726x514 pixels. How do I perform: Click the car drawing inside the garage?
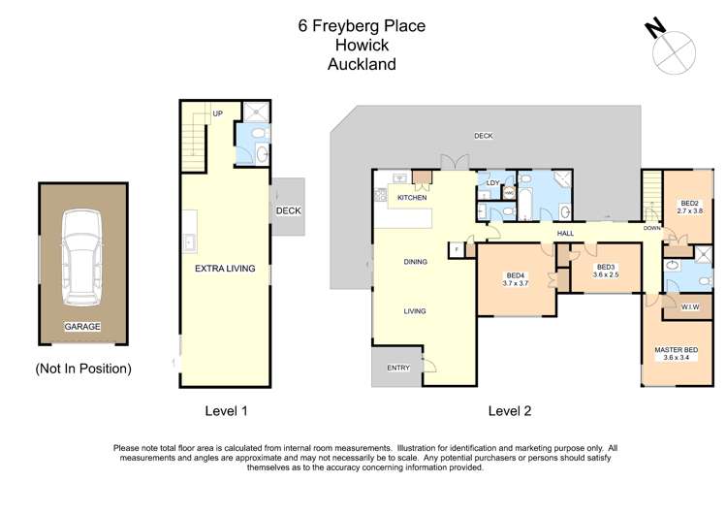(82, 257)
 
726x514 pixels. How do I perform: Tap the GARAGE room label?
(82, 327)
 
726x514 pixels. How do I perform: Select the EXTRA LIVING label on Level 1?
(225, 268)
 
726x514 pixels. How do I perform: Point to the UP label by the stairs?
(218, 113)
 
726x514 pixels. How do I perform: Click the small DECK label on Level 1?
(289, 210)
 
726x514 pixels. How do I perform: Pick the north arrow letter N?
(655, 29)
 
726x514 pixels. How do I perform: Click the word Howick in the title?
(363, 45)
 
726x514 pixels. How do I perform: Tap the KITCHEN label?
(412, 198)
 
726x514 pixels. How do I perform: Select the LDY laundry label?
(493, 183)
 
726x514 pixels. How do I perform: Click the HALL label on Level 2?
(565, 234)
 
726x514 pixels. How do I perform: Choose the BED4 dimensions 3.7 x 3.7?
(516, 283)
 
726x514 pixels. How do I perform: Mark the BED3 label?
(606, 268)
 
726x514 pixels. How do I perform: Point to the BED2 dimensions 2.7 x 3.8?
(690, 210)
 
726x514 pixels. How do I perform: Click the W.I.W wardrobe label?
(690, 307)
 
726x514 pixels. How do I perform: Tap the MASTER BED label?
(677, 350)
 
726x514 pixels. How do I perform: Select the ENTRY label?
(398, 368)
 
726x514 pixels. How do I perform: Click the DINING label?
(415, 262)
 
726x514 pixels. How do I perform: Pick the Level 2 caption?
(510, 411)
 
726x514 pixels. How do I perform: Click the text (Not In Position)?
(83, 369)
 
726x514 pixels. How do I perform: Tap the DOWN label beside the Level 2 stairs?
(652, 228)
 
